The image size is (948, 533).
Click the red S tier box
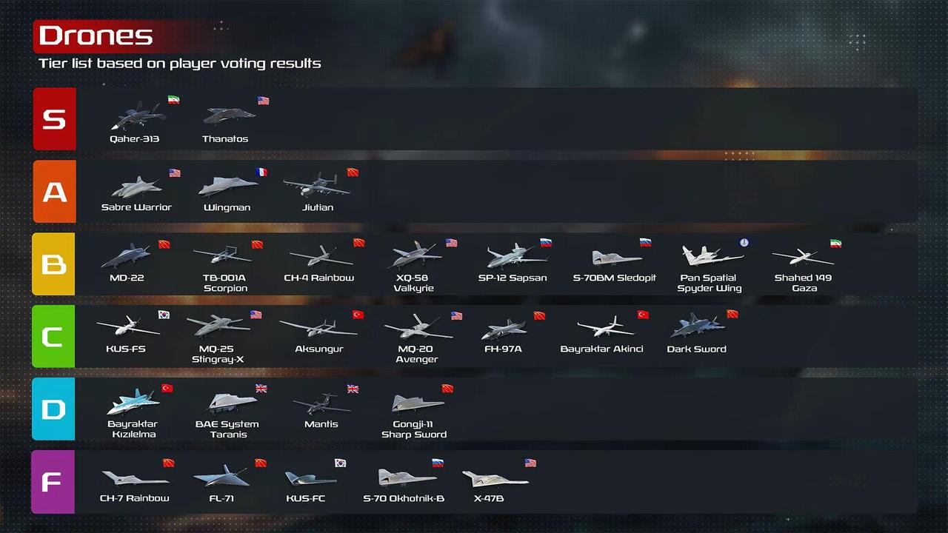[x=55, y=119]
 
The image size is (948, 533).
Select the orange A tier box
[x=55, y=192]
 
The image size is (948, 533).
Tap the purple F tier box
[x=53, y=482]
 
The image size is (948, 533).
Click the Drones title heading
[x=96, y=36]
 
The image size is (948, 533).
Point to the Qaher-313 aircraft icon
[x=138, y=115]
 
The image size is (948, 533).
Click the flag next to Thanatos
[x=263, y=101]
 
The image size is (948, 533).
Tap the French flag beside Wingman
[x=261, y=172]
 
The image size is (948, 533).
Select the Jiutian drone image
[x=316, y=185]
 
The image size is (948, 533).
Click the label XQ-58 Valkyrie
[x=413, y=283]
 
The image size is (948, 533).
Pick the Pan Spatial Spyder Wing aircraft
[x=712, y=255]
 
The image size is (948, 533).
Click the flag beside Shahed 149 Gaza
[x=835, y=244]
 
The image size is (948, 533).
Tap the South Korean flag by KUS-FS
[x=164, y=315]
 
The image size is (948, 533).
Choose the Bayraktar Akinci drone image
[x=605, y=326]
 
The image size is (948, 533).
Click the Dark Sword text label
[x=697, y=349]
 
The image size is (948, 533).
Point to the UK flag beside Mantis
[x=353, y=389]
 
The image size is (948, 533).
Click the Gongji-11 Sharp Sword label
[x=414, y=429]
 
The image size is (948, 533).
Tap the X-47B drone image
[x=495, y=479]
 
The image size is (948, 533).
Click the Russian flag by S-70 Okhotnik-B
[x=438, y=463]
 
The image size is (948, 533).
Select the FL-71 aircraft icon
[x=221, y=476]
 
